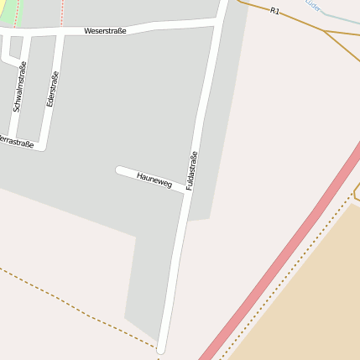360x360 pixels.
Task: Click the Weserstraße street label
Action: pos(105,31)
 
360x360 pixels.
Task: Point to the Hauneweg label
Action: pos(154,180)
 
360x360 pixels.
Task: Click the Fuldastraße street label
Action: pos(191,170)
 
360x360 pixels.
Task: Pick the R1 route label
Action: pos(274,11)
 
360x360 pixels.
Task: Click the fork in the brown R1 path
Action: pos(325,32)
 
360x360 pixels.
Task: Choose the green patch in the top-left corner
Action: pos(7,11)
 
